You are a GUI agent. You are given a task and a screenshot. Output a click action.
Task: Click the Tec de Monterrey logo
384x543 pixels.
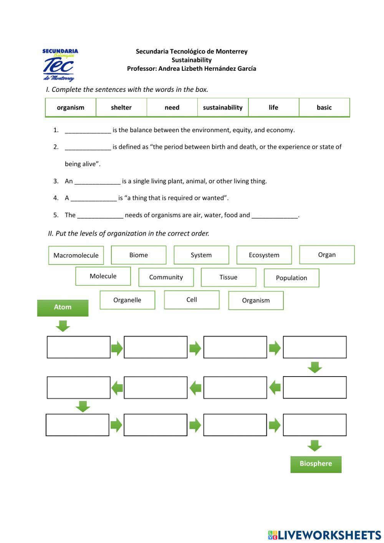(x=60, y=65)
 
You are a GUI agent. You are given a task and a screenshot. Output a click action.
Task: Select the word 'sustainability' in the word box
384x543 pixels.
(x=223, y=108)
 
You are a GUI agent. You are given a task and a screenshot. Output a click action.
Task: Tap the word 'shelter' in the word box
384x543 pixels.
(x=121, y=108)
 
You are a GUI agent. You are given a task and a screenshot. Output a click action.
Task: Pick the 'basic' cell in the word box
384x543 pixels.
(x=324, y=108)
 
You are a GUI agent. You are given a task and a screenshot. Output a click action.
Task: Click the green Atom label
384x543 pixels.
(x=63, y=307)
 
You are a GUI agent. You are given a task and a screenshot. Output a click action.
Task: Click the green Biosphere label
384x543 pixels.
(x=316, y=464)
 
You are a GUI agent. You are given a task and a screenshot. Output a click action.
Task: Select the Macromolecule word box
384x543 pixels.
(x=76, y=256)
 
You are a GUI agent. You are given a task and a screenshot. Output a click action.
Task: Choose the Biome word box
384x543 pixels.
(x=139, y=255)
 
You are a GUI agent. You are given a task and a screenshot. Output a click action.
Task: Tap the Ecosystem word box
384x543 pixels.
(x=264, y=255)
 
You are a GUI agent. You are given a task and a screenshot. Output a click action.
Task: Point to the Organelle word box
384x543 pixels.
(x=127, y=300)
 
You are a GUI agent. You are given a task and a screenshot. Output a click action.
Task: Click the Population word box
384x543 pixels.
(x=291, y=278)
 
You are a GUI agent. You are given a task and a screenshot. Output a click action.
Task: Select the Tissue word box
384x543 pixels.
(x=228, y=277)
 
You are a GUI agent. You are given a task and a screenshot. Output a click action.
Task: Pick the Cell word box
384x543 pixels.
(x=192, y=300)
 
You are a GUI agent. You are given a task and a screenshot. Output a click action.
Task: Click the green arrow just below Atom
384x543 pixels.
(x=63, y=326)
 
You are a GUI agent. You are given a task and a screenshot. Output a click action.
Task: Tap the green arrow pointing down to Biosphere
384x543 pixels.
(x=314, y=445)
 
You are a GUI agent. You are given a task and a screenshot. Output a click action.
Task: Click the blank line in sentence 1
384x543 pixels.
(x=88, y=131)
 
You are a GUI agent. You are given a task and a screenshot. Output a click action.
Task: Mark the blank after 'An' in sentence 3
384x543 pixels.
(x=98, y=182)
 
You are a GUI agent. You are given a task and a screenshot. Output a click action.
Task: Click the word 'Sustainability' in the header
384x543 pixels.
(x=192, y=60)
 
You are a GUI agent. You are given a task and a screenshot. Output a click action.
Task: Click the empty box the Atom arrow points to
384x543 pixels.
(x=79, y=347)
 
